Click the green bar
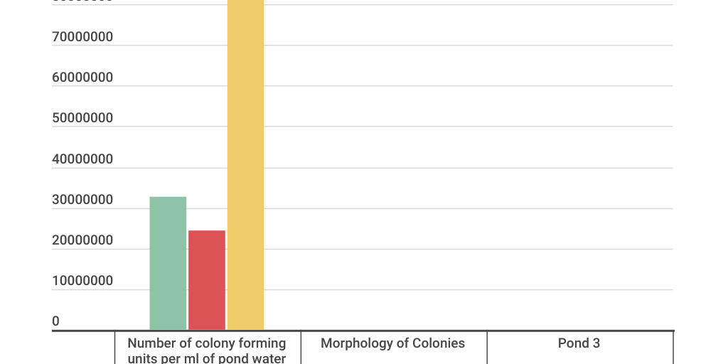[168, 263]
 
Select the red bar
[207, 280]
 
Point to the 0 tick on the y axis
[56, 321]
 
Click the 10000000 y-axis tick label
[82, 281]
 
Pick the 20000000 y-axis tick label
[82, 240]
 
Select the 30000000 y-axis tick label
[82, 200]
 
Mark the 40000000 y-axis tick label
[82, 159]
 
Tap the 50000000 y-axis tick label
[82, 118]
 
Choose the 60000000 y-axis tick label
[82, 77]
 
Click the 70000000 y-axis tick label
[82, 37]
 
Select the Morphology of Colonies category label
[392, 343]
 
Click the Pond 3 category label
[579, 343]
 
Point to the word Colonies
[438, 343]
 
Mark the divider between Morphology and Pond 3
[487, 348]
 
